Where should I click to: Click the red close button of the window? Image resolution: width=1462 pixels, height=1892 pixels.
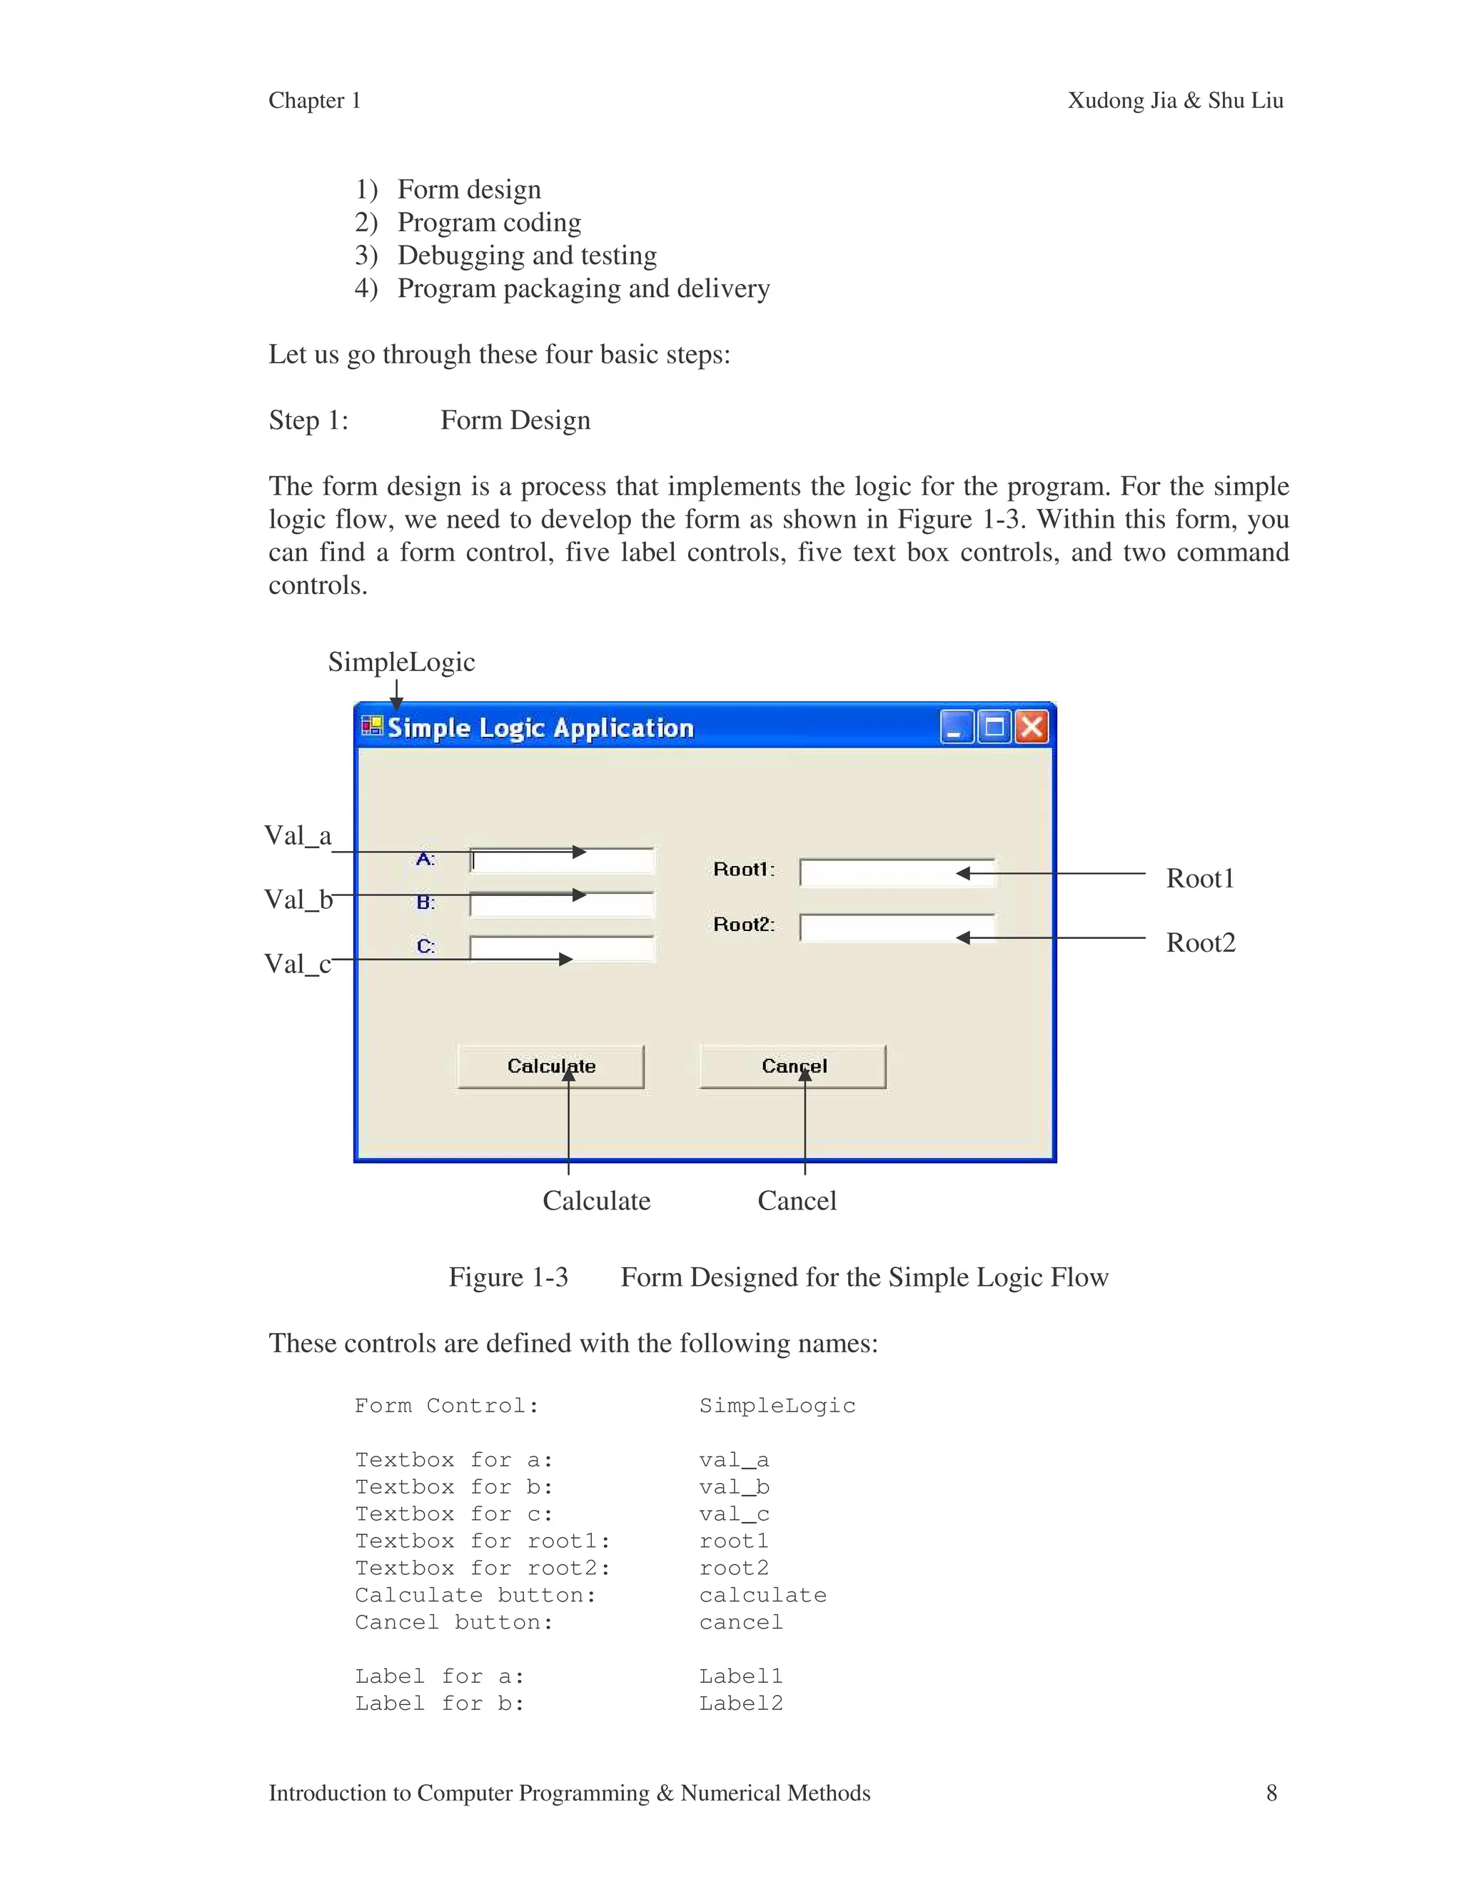pyautogui.click(x=1031, y=727)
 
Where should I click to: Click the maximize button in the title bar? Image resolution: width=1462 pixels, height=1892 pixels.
pyautogui.click(x=994, y=727)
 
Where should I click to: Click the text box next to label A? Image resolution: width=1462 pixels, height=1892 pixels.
pyautogui.click(x=562, y=861)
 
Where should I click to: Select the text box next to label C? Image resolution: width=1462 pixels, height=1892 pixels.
pyautogui.click(x=562, y=949)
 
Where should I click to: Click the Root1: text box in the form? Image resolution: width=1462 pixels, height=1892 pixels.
pyautogui.click(x=897, y=873)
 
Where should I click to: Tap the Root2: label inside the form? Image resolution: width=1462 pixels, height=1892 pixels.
pyautogui.click(x=743, y=925)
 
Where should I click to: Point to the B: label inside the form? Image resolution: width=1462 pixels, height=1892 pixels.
pyautogui.click(x=425, y=902)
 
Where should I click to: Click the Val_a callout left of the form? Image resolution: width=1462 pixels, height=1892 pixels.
pyautogui.click(x=298, y=836)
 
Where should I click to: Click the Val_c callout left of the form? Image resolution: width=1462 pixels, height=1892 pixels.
pyautogui.click(x=298, y=963)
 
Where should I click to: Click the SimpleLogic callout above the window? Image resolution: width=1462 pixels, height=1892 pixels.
pyautogui.click(x=401, y=662)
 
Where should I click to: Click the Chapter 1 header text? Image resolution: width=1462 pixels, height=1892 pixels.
pyautogui.click(x=314, y=101)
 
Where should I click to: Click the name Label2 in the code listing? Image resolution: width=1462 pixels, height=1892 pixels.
pyautogui.click(x=740, y=1703)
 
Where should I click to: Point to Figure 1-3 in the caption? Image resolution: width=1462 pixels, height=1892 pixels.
pyautogui.click(x=508, y=1277)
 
